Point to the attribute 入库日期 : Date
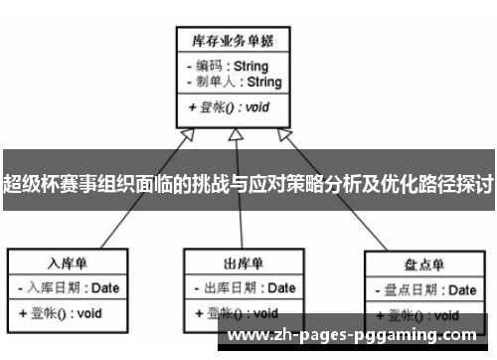(69, 288)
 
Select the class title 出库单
(244, 263)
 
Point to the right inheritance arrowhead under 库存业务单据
(286, 133)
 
